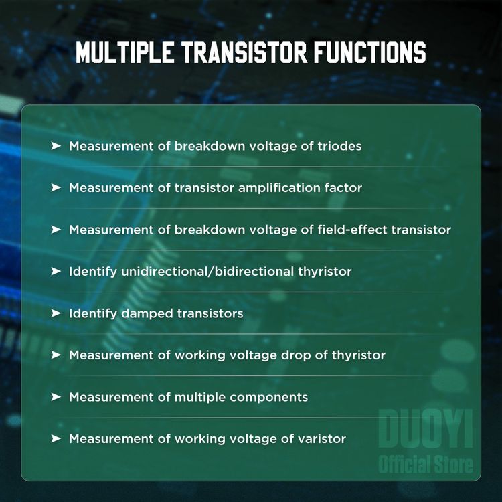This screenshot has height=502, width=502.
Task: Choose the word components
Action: pos(268,397)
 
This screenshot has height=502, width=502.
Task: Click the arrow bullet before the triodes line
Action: pos(56,146)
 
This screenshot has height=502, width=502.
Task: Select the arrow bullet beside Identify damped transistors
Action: pos(56,313)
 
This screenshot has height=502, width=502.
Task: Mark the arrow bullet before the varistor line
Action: pos(56,439)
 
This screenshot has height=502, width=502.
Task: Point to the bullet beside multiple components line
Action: pos(56,397)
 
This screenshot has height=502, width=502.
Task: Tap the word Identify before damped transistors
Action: pos(93,313)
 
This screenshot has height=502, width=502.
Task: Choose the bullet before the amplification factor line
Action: pos(56,188)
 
